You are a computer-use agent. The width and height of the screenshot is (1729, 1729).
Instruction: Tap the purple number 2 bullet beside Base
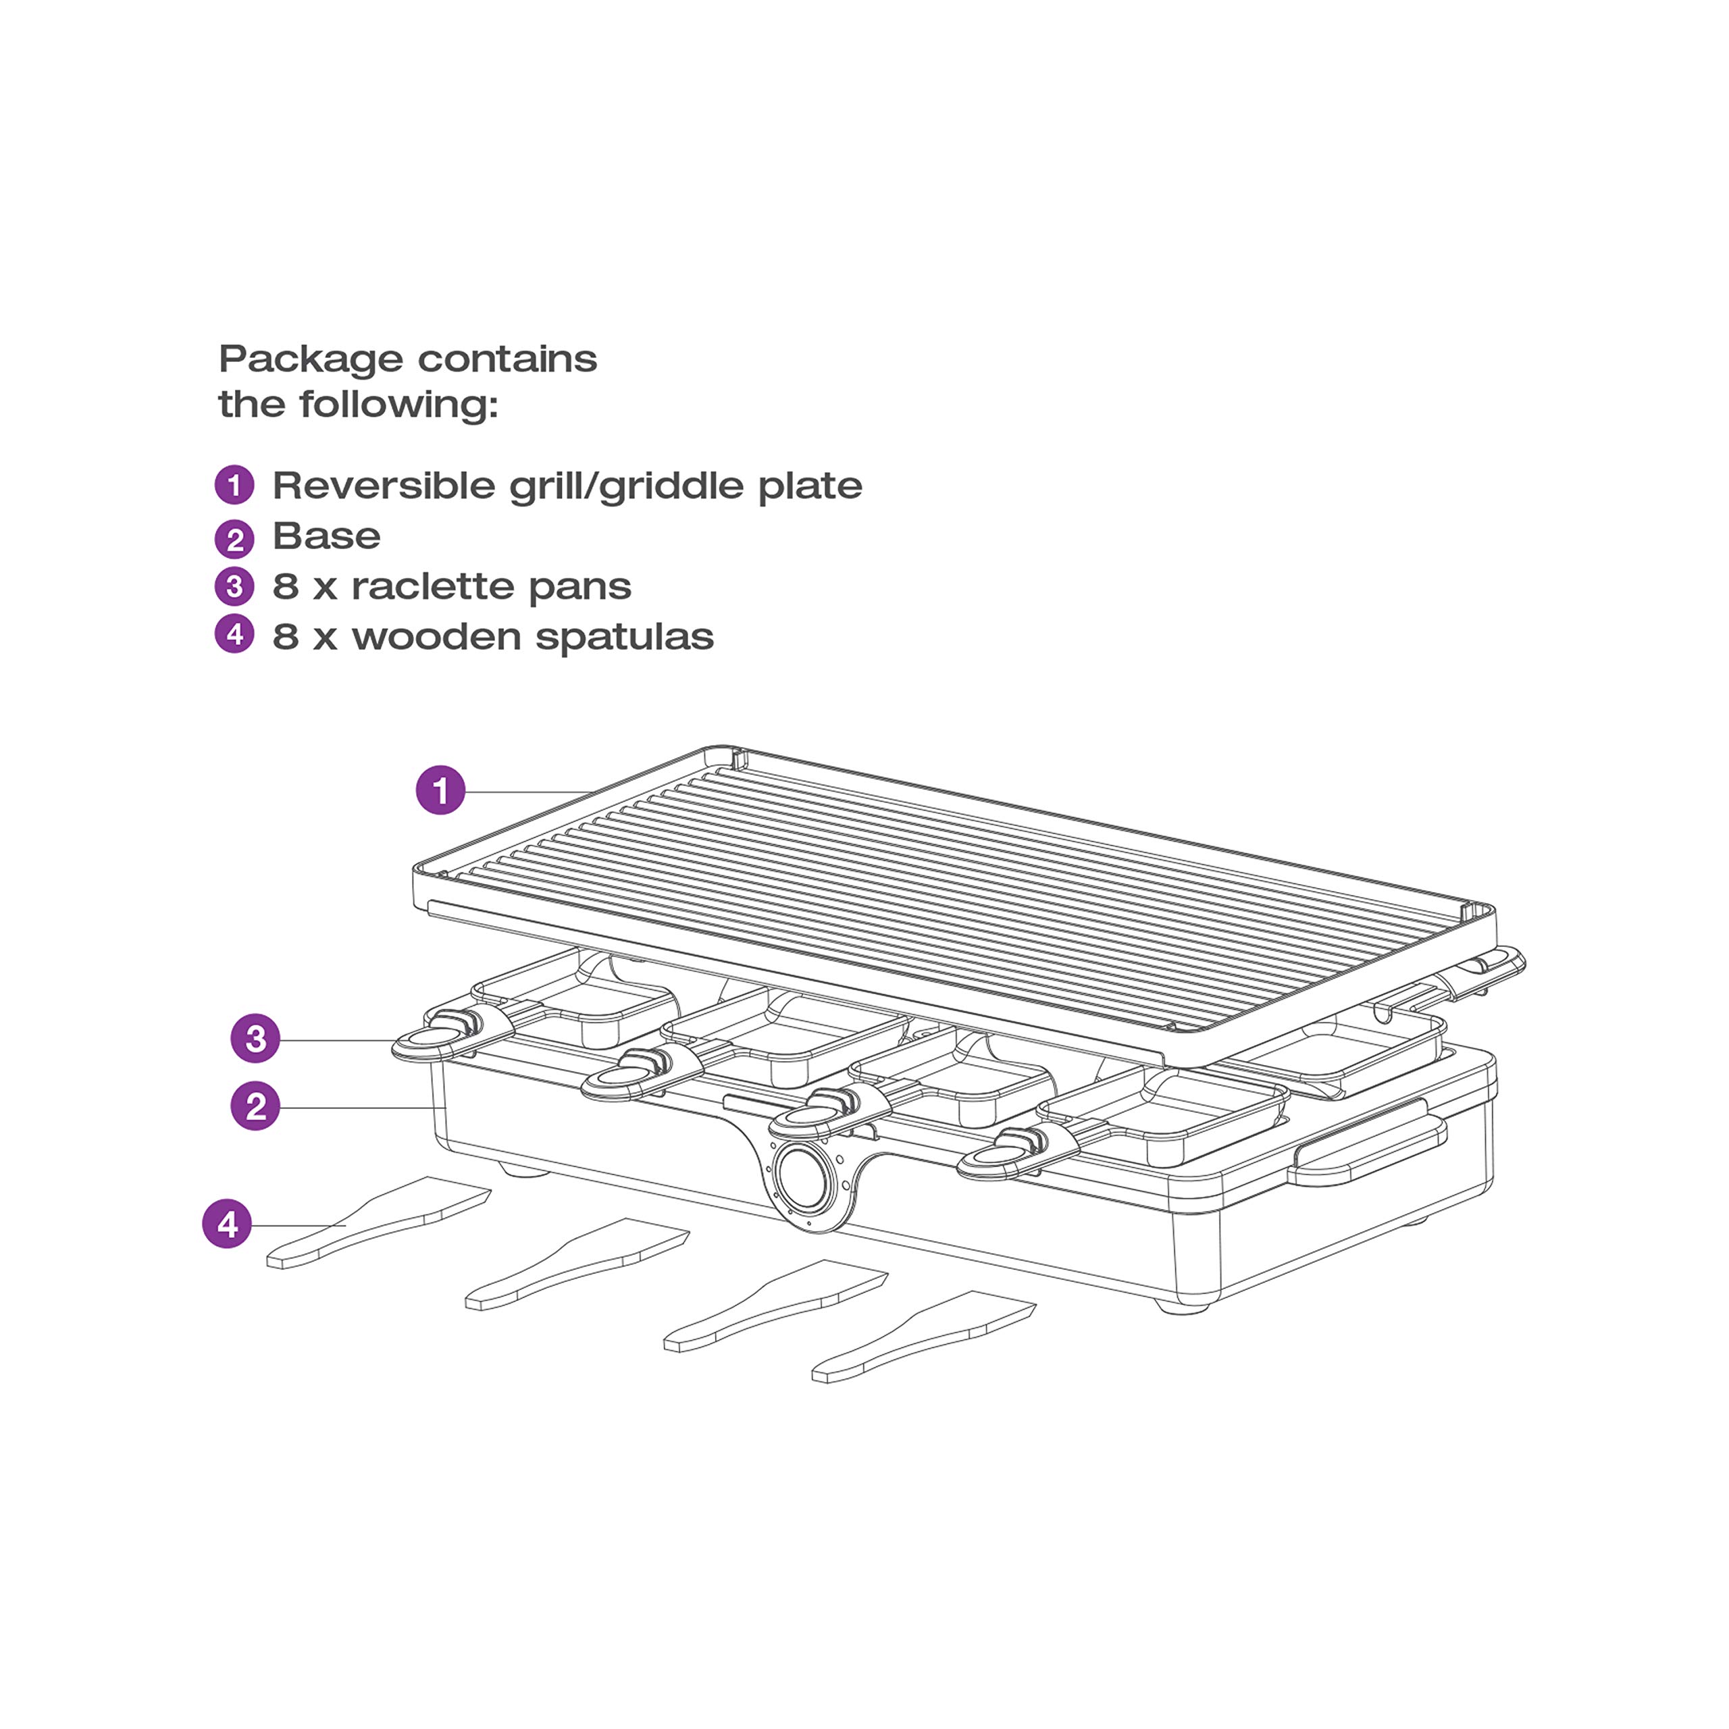pos(234,538)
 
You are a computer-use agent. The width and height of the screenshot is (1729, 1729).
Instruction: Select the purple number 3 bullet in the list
pos(234,587)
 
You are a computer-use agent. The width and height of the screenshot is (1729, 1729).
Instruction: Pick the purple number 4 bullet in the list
pos(234,634)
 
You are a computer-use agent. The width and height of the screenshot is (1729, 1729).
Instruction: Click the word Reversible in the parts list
pos(385,486)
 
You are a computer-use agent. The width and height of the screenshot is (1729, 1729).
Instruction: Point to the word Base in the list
pos(327,537)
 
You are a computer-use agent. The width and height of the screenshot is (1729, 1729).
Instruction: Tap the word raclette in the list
pos(432,587)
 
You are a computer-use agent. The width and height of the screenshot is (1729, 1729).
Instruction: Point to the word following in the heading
pos(398,405)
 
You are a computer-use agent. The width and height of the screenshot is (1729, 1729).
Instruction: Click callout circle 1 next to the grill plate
pos(440,790)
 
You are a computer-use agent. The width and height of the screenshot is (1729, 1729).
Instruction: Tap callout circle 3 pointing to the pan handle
pos(256,1038)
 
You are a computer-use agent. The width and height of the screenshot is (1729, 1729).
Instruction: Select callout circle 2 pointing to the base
pos(256,1106)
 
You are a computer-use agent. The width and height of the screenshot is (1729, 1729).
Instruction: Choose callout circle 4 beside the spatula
pos(228,1223)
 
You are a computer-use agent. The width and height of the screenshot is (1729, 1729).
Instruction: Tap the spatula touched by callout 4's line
pos(378,1222)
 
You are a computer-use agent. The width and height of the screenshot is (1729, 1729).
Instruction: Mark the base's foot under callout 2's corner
pos(523,1170)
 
